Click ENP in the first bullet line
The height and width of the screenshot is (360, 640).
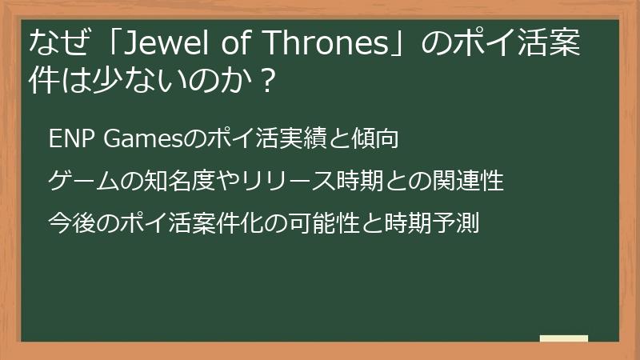pyautogui.click(x=72, y=138)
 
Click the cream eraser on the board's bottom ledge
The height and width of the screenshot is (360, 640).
pyautogui.click(x=563, y=338)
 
